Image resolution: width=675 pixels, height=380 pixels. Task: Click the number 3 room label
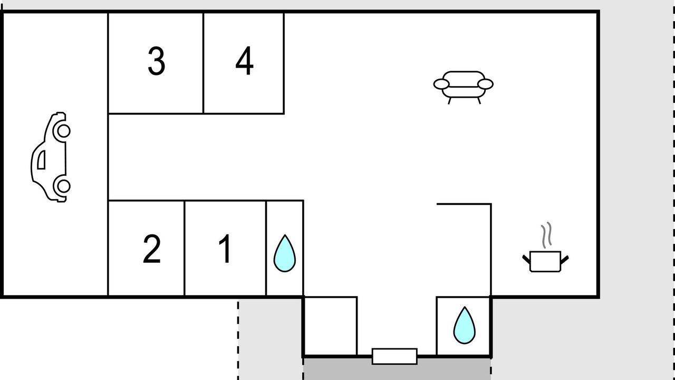pos(157,61)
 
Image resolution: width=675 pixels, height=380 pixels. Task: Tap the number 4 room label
pos(244,61)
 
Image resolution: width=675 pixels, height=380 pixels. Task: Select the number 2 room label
pos(151,249)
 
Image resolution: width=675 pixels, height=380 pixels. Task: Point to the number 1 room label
pos(225,249)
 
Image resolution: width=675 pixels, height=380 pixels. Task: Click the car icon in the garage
pos(51,157)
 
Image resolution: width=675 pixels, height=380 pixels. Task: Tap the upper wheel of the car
pos(64,131)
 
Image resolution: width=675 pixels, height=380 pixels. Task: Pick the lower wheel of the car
pos(64,186)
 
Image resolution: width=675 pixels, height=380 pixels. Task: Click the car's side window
pos(42,160)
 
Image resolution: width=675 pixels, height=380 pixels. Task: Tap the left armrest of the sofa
pos(441,84)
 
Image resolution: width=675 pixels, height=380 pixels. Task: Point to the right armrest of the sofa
pos(486,84)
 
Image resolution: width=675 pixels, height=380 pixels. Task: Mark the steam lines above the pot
pos(546,235)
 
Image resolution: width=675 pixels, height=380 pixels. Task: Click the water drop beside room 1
pos(285,253)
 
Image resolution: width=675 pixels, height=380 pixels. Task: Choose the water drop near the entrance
pos(465,325)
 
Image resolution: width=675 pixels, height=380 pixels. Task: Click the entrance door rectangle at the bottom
pos(395,356)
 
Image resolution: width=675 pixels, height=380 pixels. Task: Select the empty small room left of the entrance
pos(331,326)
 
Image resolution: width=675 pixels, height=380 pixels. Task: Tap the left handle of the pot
pos(526,259)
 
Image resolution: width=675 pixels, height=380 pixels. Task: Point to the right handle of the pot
pos(565,259)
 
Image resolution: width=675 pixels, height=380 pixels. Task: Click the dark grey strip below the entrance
pos(397,369)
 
